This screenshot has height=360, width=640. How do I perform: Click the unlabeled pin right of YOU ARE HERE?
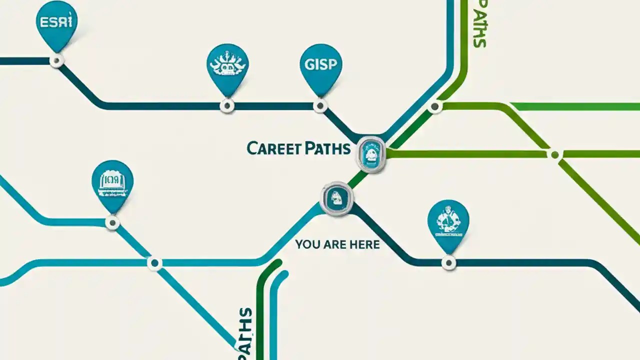click(448, 222)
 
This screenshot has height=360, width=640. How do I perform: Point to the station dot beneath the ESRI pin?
click(57, 61)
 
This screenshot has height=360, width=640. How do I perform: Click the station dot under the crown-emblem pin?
click(227, 105)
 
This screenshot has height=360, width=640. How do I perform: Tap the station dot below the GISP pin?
click(320, 105)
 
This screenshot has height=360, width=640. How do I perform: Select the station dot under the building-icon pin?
click(112, 222)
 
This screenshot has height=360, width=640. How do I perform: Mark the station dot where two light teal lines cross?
click(154, 262)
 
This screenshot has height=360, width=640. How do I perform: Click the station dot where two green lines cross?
click(554, 154)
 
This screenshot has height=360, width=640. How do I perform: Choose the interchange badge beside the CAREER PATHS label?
click(371, 154)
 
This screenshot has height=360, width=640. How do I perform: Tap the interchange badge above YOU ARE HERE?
click(336, 198)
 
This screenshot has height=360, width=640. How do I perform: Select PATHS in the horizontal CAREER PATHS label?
click(325, 148)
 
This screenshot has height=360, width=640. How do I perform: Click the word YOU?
click(306, 244)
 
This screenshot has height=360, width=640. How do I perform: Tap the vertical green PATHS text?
click(479, 24)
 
